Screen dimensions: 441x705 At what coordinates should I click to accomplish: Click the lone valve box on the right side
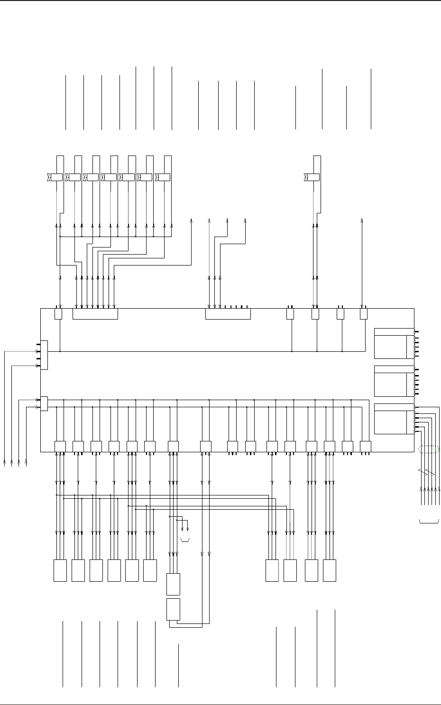(313, 177)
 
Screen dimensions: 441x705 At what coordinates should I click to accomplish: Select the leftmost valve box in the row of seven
(56, 177)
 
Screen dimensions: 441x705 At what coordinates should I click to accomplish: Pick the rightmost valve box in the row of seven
(165, 177)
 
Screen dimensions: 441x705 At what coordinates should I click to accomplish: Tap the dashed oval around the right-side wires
(428, 449)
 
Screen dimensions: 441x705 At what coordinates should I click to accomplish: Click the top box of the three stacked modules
(394, 343)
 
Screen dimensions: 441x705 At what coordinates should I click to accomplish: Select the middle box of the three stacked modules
(394, 381)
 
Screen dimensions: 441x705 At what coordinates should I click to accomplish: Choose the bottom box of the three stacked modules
(394, 419)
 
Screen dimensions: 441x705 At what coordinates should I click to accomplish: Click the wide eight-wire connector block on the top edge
(95, 314)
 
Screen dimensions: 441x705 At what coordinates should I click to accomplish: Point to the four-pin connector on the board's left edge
(44, 355)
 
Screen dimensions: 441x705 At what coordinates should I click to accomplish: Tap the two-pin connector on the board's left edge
(44, 403)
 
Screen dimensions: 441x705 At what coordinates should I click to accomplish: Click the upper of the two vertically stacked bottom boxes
(174, 584)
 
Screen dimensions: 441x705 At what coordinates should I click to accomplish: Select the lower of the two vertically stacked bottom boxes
(174, 609)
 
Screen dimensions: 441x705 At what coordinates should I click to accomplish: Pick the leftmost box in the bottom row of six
(60, 570)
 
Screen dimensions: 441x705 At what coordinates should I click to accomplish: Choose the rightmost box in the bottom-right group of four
(330, 570)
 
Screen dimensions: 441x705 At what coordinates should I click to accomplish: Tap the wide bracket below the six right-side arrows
(430, 522)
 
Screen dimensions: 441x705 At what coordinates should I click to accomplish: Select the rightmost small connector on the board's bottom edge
(365, 447)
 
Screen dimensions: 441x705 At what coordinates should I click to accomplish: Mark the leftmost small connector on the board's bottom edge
(60, 447)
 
